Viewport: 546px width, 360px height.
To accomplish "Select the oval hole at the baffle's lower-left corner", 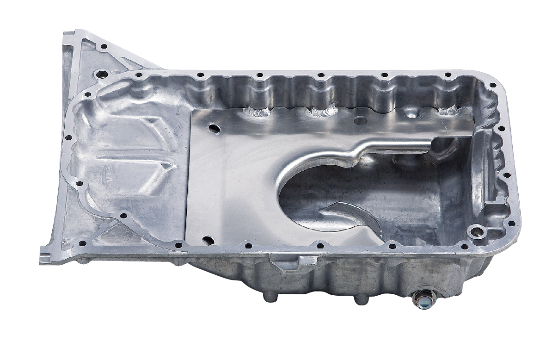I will point(208,240).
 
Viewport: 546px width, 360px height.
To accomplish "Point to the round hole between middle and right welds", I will point(360,120).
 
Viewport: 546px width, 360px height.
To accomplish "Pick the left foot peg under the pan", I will point(269,296).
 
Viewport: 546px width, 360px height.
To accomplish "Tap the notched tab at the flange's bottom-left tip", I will point(47,257).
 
